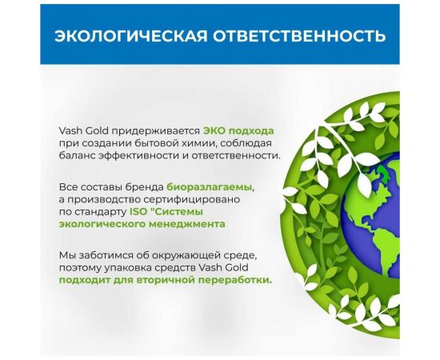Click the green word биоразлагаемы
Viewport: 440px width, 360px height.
210,186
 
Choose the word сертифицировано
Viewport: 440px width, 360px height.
210,199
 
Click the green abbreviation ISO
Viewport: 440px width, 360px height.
138,212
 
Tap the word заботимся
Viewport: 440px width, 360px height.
106,255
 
